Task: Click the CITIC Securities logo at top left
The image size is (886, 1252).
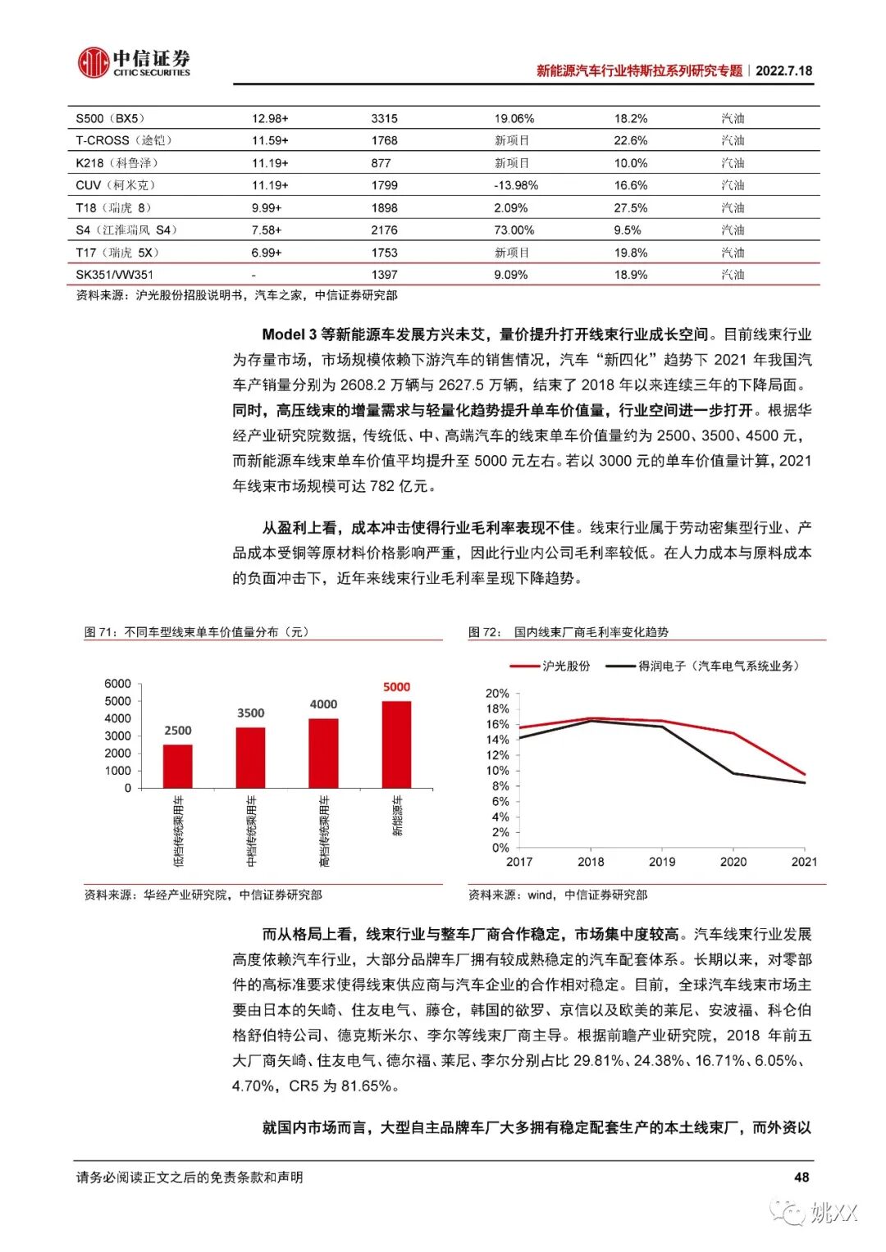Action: (134, 62)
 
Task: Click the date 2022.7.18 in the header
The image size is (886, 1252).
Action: (783, 71)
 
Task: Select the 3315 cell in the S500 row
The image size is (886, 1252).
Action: (384, 118)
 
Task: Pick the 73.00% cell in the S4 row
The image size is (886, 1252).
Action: (514, 230)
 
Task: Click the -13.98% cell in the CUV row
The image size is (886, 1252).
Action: (515, 185)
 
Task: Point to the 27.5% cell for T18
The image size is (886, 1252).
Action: (630, 208)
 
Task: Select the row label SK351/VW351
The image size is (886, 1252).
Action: (114, 275)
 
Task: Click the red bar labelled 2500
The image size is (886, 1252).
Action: (177, 766)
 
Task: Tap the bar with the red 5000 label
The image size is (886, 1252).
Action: (396, 744)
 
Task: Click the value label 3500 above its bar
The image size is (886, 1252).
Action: (250, 713)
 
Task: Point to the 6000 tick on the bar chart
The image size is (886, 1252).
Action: (117, 684)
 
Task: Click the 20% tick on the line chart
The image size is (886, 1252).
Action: (497, 694)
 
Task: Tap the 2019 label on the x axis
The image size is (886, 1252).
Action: (661, 862)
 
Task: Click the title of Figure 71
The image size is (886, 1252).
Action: (197, 632)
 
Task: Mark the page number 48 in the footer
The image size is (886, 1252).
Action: (802, 1177)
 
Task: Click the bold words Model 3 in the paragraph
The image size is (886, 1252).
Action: (289, 335)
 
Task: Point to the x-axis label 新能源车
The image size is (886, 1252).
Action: (397, 817)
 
